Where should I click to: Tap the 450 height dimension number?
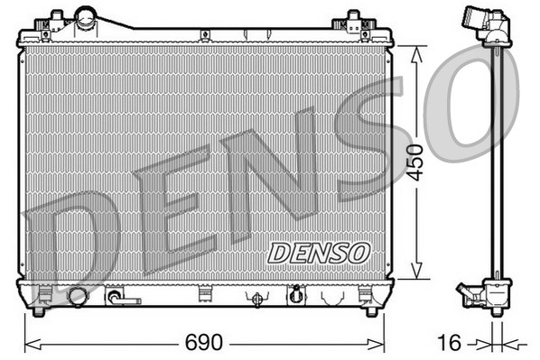click(x=414, y=162)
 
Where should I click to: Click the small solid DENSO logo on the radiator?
click(x=319, y=253)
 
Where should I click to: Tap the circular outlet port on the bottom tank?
click(x=78, y=296)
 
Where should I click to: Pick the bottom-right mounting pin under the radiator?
click(x=370, y=311)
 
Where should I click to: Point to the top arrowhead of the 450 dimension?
click(x=414, y=52)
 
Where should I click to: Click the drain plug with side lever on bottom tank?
click(x=118, y=296)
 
